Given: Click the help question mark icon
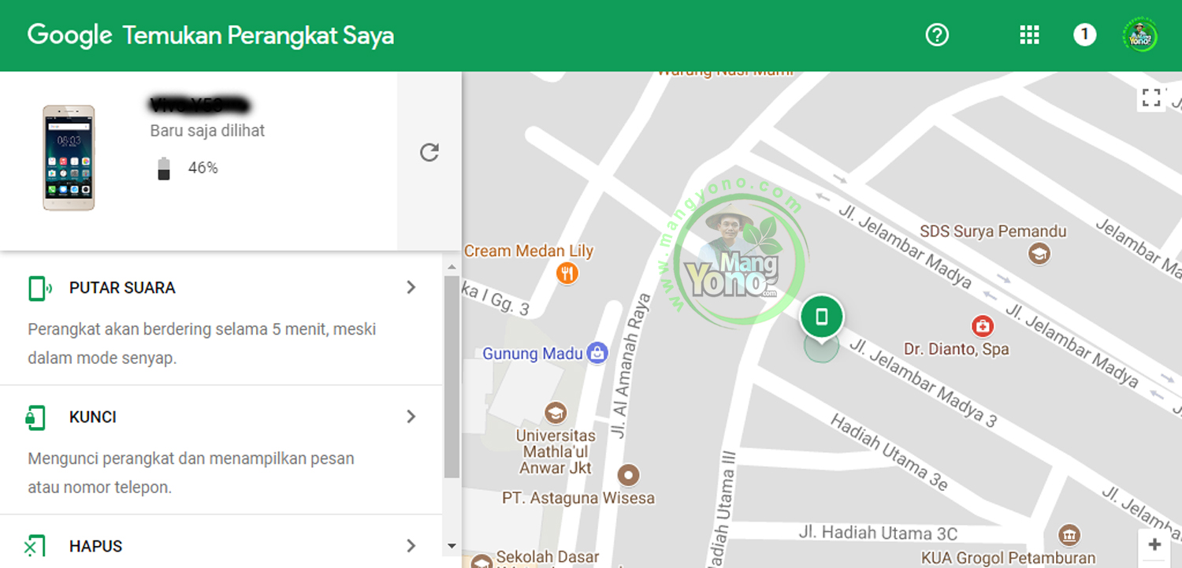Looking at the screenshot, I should pyautogui.click(x=937, y=35).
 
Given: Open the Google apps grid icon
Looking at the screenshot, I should pyautogui.click(x=1029, y=35).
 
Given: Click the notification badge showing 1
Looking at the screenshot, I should pyautogui.click(x=1084, y=35).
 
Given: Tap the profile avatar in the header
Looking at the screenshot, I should pyautogui.click(x=1139, y=35).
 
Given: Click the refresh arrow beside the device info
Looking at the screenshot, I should pyautogui.click(x=429, y=152).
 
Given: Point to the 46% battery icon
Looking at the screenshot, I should pyautogui.click(x=164, y=168).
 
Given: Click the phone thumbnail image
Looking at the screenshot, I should pyautogui.click(x=69, y=158).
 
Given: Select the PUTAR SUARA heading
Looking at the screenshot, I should pyautogui.click(x=122, y=288).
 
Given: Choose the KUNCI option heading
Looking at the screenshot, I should pyautogui.click(x=93, y=417).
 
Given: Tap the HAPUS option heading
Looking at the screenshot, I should pyautogui.click(x=96, y=546).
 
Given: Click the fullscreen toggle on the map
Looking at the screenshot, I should pyautogui.click(x=1151, y=98).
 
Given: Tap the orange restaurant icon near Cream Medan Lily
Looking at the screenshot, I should pyautogui.click(x=567, y=273).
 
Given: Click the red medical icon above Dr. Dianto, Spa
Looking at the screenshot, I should pyautogui.click(x=982, y=325).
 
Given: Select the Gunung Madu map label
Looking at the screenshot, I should pyautogui.click(x=533, y=354).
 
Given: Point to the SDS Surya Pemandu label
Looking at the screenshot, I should pyautogui.click(x=993, y=232).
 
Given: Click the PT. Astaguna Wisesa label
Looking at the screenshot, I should pyautogui.click(x=578, y=498).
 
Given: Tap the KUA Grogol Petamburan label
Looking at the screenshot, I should pyautogui.click(x=1008, y=558).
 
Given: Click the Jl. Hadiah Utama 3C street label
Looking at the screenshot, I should pyautogui.click(x=878, y=533).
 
